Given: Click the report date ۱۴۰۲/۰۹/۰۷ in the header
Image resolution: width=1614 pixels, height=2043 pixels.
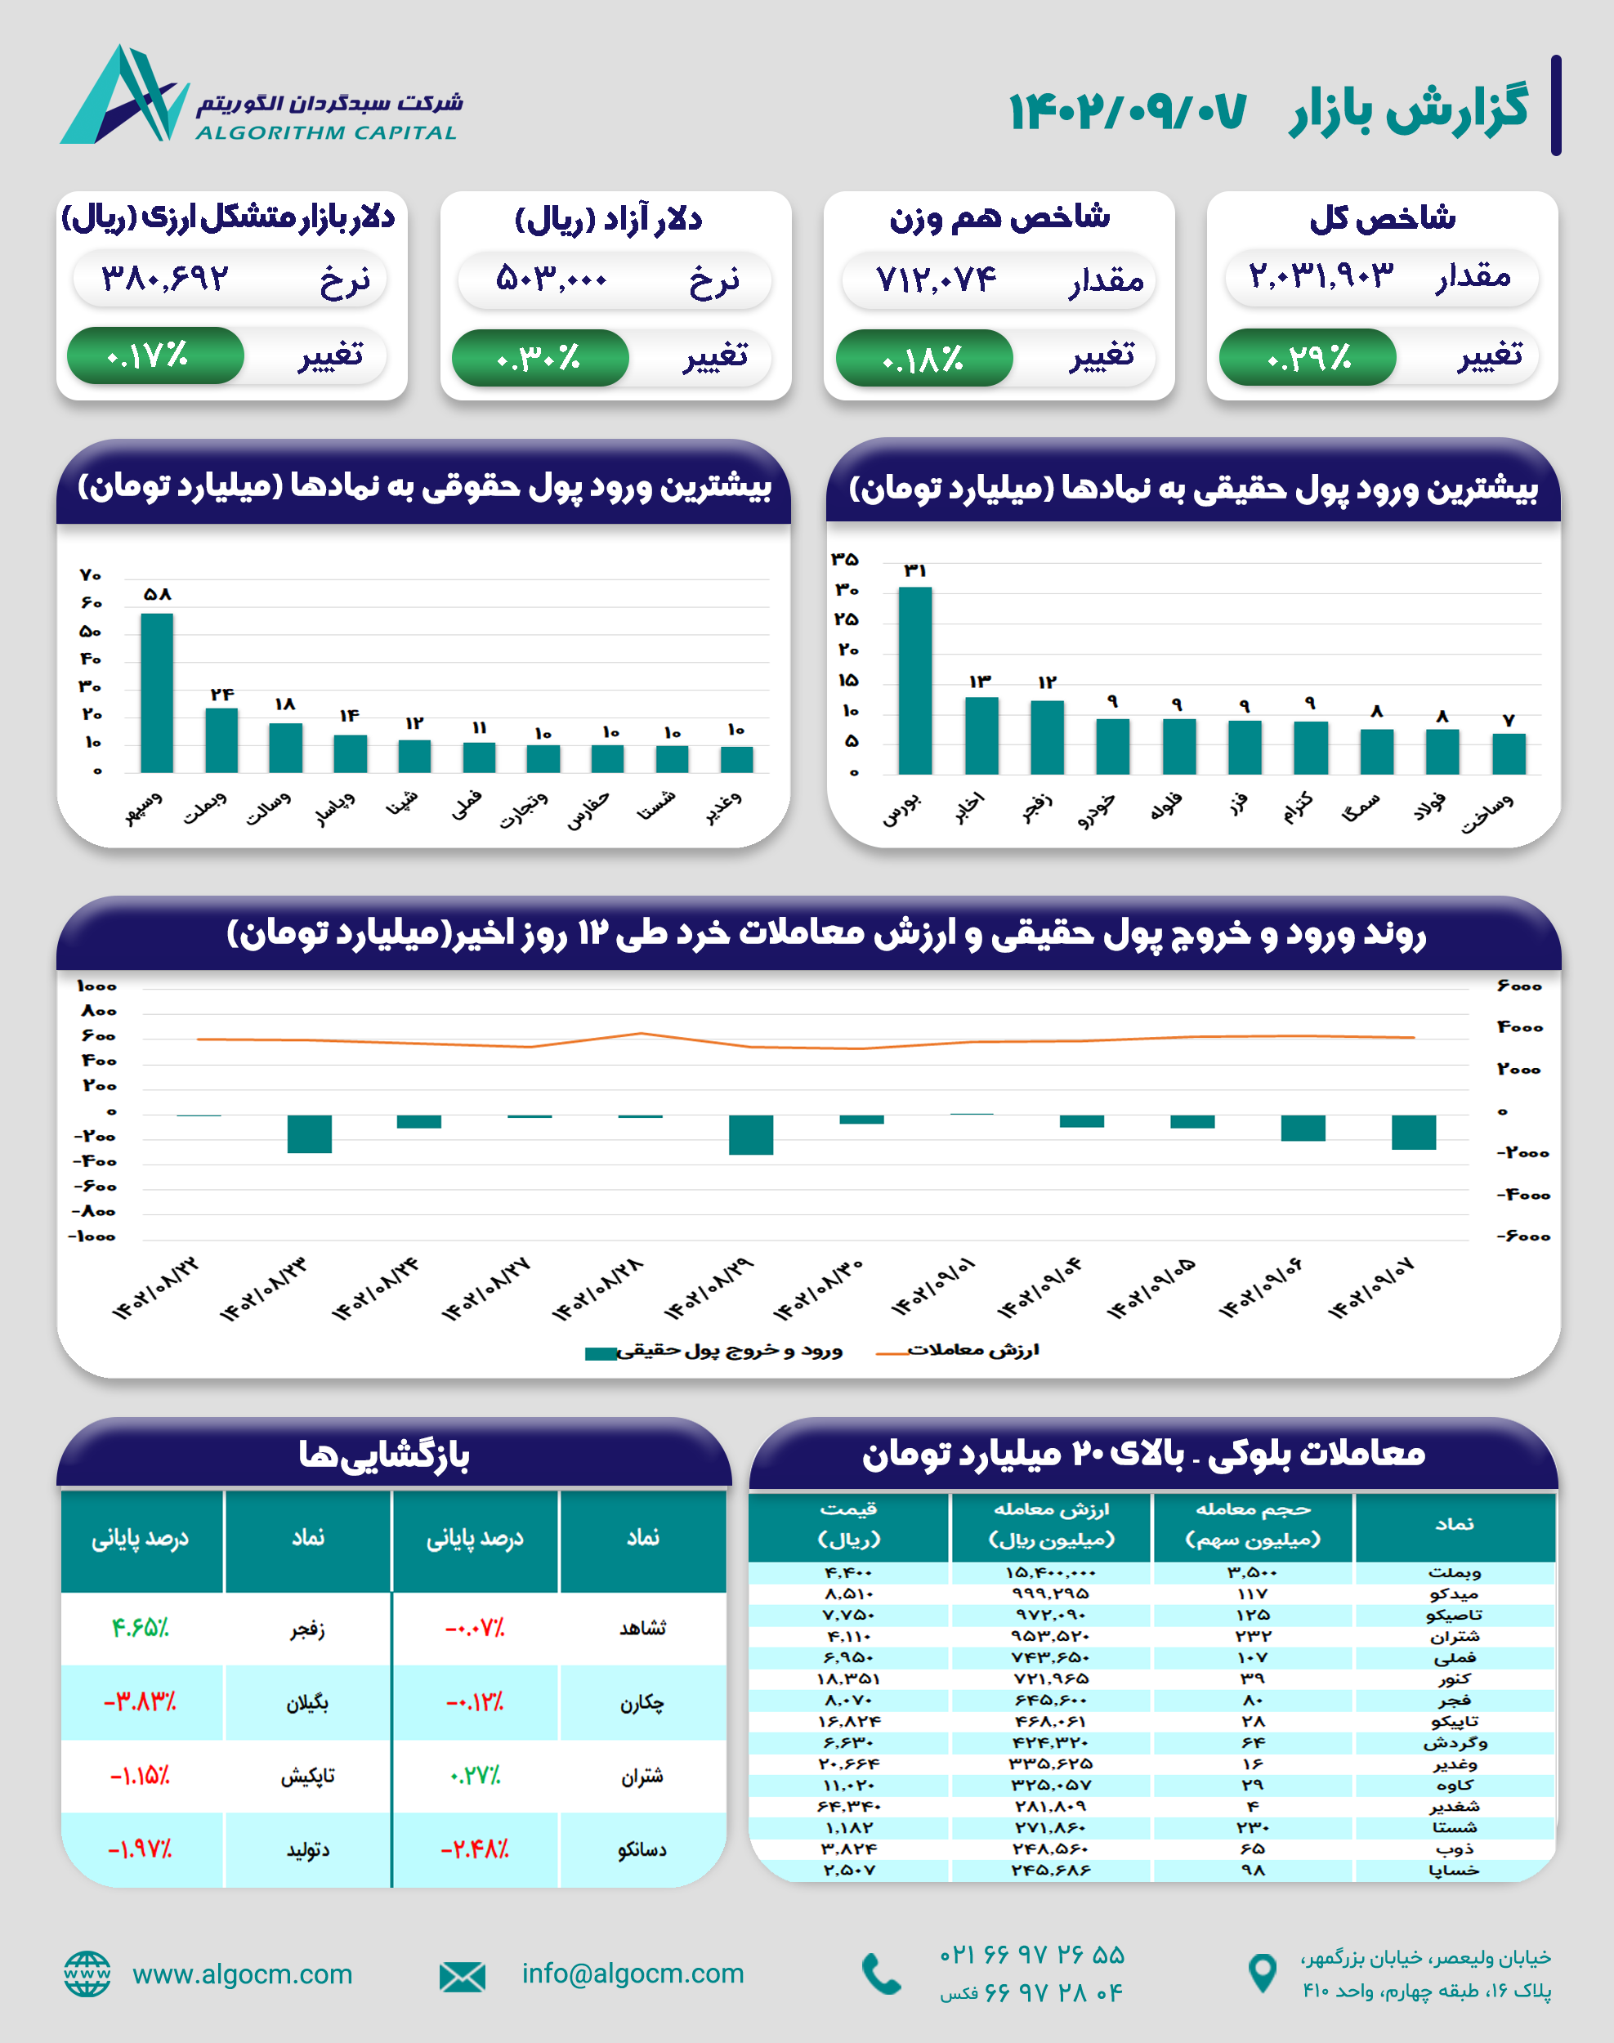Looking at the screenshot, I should (x=1127, y=111).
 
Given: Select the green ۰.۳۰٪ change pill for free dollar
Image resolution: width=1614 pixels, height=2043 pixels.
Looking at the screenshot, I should (x=539, y=358).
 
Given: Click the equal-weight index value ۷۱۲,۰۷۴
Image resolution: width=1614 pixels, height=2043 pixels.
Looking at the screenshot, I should (x=936, y=279).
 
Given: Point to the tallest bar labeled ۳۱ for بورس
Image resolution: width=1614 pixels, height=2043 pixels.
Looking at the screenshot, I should (x=914, y=681).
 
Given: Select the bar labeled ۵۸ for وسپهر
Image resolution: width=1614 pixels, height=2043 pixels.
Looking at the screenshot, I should (x=157, y=693).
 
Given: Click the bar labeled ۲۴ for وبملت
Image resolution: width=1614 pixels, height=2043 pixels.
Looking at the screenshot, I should (x=221, y=740).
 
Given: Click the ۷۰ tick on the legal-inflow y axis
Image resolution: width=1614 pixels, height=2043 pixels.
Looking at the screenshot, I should (x=91, y=575).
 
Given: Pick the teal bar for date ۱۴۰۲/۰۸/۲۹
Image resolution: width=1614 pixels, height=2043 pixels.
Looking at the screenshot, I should (x=751, y=1134).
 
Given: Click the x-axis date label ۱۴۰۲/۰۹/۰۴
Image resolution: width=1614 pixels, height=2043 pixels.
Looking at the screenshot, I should (x=1039, y=1288).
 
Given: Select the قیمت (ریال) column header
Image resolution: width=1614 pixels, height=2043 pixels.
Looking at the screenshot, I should (x=848, y=1524).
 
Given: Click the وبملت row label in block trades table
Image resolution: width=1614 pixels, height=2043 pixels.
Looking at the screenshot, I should (x=1455, y=1572).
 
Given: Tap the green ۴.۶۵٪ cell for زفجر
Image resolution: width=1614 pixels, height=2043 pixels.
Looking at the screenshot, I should (x=140, y=1628).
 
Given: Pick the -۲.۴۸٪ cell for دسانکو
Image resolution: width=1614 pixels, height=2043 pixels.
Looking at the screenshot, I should (x=474, y=1849).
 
